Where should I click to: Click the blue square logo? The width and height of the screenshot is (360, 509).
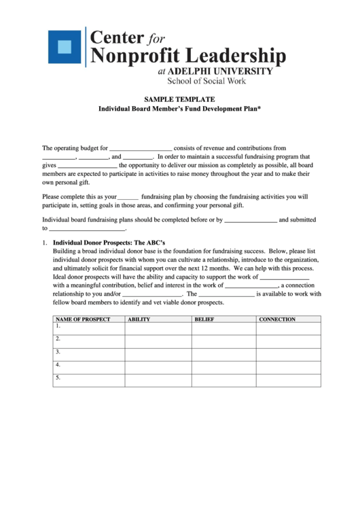point(64,47)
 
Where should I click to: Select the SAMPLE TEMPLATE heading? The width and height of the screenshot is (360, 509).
point(180,99)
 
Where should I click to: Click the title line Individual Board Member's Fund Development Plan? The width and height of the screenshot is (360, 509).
point(180,109)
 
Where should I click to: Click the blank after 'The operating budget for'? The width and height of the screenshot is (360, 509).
point(141,148)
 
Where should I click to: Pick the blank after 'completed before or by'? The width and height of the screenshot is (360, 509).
point(251,220)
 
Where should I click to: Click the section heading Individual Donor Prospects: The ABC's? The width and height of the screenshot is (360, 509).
point(109,243)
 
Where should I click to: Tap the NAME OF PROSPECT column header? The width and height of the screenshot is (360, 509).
point(82,319)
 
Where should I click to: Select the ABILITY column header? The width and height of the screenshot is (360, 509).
point(139,319)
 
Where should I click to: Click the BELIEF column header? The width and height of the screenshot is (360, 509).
point(204,319)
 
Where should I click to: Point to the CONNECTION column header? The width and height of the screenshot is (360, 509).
point(277,319)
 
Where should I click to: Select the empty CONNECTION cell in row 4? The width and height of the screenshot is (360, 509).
point(288,368)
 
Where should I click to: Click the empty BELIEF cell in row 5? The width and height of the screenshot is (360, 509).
point(223,381)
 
